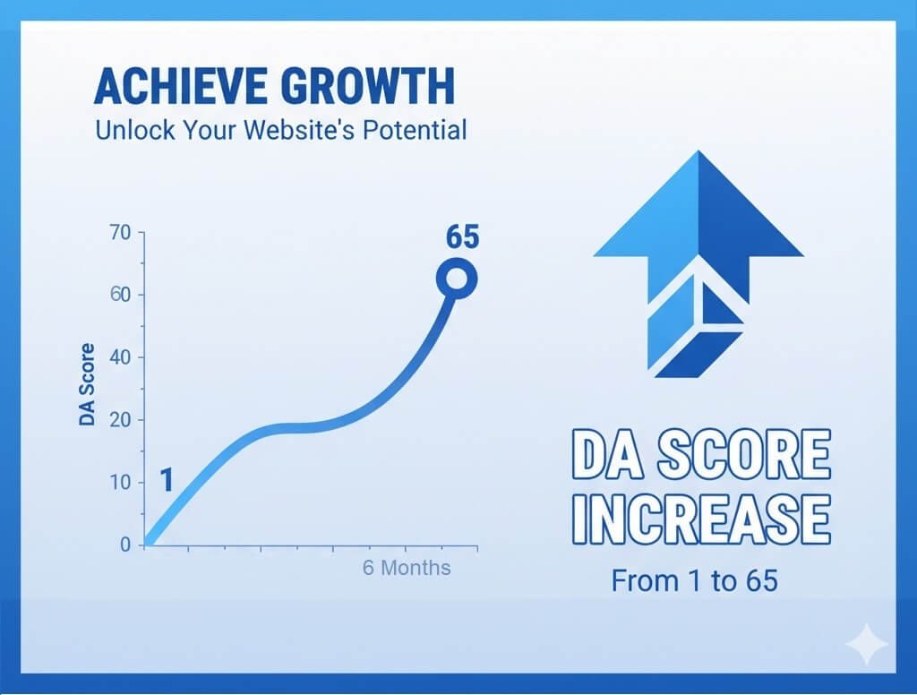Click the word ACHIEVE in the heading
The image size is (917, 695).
[x=182, y=86]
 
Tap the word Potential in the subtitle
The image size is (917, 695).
[x=415, y=130]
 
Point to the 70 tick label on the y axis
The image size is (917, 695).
[x=120, y=233]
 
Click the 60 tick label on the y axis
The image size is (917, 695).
[x=120, y=295]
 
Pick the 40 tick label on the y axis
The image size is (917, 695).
[x=120, y=357]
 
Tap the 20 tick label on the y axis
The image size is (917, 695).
[x=120, y=420]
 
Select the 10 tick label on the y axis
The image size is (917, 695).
[x=120, y=483]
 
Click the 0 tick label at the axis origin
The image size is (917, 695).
[x=125, y=545]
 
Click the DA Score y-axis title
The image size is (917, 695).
[x=87, y=384]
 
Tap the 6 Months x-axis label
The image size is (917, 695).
[x=407, y=568]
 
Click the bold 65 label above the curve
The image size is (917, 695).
[x=462, y=237]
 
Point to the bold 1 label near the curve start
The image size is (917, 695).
[x=167, y=480]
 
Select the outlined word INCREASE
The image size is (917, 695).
[x=701, y=519]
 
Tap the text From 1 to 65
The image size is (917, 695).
[x=695, y=581]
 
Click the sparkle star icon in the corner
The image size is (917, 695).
[x=867, y=644]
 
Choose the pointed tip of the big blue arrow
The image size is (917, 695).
[x=698, y=151]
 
